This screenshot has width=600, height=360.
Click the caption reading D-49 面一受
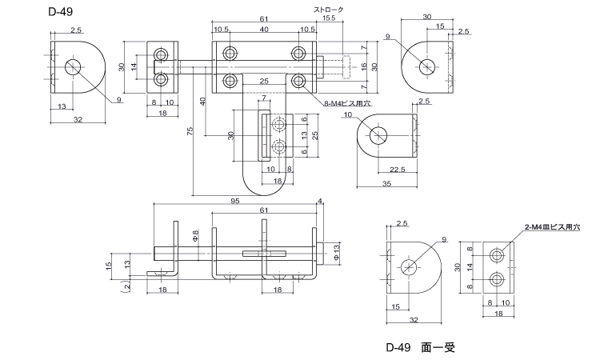point(421,347)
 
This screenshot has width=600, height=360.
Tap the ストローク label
point(328,10)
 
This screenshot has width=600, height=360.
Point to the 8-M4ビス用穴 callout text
point(346,103)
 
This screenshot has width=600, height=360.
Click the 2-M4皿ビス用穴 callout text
point(552,227)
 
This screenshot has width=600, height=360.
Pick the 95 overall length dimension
point(234,201)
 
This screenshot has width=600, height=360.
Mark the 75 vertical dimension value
point(190,131)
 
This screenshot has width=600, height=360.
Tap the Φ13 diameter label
point(336,253)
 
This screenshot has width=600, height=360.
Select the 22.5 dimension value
point(397,170)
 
